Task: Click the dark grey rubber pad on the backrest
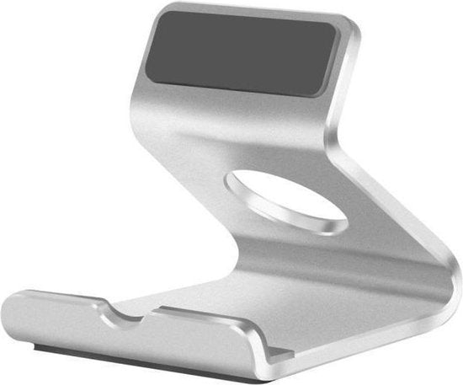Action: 244,53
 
